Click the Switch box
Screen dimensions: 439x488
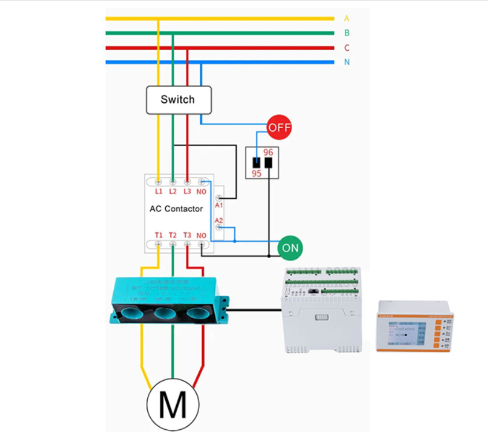coord(178,100)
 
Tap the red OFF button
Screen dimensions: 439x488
coord(279,127)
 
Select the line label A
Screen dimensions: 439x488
coord(347,18)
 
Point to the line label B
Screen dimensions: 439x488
coord(347,33)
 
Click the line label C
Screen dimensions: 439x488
coord(347,48)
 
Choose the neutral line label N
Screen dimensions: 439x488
coord(347,62)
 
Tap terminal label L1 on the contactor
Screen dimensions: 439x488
coord(159,191)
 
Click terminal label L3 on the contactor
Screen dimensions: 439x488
coord(187,191)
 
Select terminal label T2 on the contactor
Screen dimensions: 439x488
coord(173,235)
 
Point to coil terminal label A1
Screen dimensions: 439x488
coord(219,205)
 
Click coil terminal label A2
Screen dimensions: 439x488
coord(219,221)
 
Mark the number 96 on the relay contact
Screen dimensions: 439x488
coord(268,152)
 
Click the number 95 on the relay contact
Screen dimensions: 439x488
coord(256,173)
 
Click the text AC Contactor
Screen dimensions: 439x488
coord(176,209)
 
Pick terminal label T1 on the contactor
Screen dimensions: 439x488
coord(159,235)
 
